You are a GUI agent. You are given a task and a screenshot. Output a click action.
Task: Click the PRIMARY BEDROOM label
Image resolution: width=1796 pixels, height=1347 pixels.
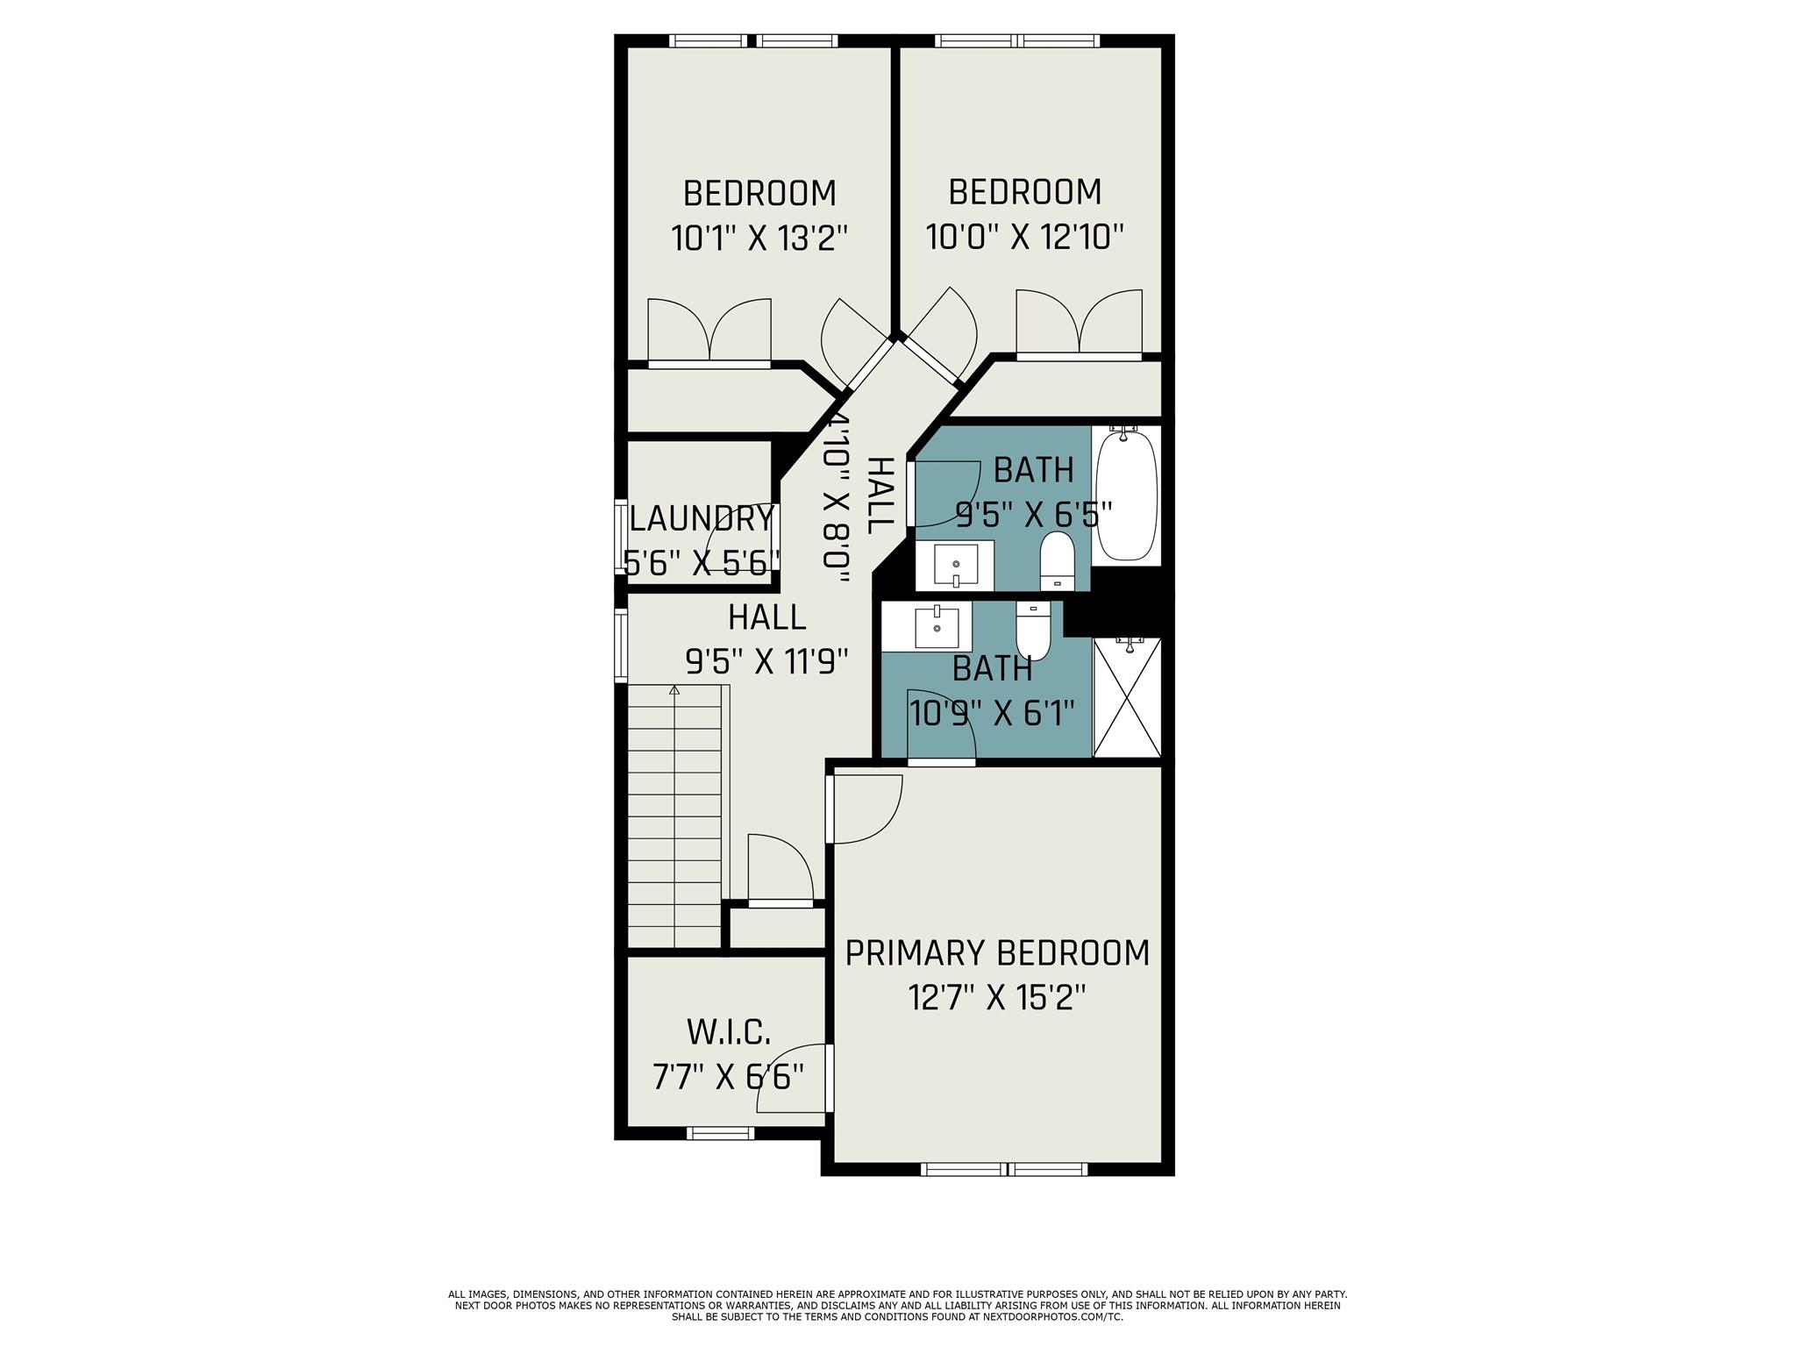997,953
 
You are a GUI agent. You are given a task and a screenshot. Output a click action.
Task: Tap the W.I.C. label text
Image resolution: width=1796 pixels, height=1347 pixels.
729,1033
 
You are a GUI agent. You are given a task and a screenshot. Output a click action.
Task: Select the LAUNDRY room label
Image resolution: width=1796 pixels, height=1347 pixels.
702,519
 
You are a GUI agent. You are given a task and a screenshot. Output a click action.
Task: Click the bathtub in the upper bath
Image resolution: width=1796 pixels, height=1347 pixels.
1128,495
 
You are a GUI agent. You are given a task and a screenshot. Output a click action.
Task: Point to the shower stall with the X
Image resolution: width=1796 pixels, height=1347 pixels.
1127,696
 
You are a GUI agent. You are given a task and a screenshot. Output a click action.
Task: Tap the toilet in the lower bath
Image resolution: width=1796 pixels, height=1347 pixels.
1033,630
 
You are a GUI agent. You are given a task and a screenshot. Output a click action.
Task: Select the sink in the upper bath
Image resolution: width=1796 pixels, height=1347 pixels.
955,565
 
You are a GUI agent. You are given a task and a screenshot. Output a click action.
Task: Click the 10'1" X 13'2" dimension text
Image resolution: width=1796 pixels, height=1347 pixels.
760,239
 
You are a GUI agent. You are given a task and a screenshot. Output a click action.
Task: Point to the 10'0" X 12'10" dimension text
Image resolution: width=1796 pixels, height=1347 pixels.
1025,237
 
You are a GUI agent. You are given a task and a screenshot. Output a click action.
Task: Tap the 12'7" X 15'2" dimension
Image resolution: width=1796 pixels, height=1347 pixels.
997,998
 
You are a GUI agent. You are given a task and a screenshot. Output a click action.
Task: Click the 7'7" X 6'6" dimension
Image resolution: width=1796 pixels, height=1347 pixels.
728,1076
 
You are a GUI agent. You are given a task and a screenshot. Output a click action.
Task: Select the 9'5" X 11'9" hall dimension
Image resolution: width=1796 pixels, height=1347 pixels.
766,662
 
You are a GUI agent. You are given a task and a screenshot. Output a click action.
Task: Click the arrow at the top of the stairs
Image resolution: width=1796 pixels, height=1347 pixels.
674,691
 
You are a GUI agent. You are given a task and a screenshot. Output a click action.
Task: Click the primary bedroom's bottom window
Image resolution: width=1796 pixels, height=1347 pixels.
1004,1169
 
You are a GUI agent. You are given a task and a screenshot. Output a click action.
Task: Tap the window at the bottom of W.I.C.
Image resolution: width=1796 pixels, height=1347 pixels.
720,1133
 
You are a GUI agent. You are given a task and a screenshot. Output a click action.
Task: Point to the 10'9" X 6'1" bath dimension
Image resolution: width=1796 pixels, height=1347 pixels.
992,713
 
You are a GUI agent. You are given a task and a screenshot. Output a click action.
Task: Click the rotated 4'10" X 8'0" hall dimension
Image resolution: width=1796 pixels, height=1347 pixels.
837,500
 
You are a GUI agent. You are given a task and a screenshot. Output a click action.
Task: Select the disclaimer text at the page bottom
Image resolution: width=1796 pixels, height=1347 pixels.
897,1306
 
